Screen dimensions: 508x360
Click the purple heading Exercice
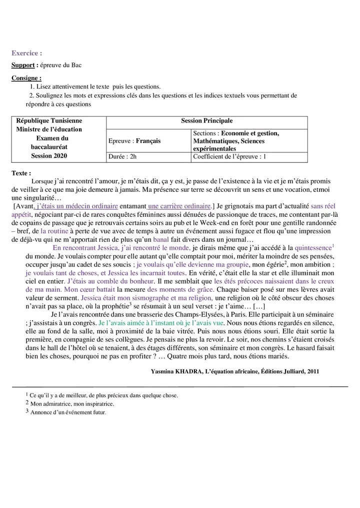[26, 53]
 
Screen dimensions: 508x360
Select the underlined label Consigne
[26, 78]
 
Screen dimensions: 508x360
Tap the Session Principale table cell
[206, 121]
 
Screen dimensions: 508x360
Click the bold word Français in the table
[148, 141]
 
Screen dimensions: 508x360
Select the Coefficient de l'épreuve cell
[229, 157]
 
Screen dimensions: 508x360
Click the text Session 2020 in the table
[49, 156]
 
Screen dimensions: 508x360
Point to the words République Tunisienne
[49, 121]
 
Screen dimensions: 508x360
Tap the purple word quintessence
[313, 248]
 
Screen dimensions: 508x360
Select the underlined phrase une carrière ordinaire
[179, 206]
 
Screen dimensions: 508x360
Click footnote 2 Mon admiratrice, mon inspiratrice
[72, 404]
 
